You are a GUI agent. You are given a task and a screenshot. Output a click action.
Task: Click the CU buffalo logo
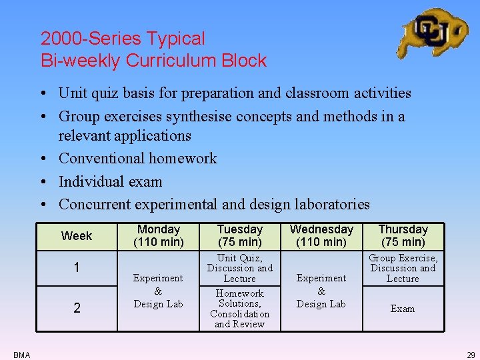[x=432, y=33]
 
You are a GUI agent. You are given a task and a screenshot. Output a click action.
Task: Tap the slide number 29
[x=471, y=355]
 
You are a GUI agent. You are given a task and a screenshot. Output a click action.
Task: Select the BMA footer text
[x=21, y=355]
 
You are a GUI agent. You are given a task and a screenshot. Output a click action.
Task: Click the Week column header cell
[x=77, y=235]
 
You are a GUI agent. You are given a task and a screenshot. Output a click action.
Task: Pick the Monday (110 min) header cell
[x=158, y=235]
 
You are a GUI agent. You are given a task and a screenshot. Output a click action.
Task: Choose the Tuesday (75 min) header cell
[x=240, y=235]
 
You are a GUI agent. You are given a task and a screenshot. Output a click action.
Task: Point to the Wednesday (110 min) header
[x=321, y=235]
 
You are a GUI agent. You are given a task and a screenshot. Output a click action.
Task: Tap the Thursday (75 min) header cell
[x=403, y=235]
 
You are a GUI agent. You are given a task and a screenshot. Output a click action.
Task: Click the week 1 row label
[x=77, y=268]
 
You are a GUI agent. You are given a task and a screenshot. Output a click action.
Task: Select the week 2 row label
[x=77, y=308]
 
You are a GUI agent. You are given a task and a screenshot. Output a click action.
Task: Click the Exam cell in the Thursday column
[x=403, y=309]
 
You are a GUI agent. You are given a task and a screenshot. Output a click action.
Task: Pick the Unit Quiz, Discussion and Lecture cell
[x=240, y=268]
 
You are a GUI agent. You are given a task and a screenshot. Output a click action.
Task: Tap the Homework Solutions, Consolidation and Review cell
[x=240, y=309]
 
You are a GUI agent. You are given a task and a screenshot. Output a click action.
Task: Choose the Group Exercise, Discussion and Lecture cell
[x=403, y=268]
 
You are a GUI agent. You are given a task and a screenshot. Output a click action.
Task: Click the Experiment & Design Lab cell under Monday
[x=158, y=291]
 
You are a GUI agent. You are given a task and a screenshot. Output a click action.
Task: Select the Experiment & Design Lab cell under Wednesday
[x=321, y=291]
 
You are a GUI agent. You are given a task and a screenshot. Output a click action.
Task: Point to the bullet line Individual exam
[x=110, y=181]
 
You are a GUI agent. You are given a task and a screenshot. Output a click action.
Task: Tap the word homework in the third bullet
[x=183, y=159]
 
